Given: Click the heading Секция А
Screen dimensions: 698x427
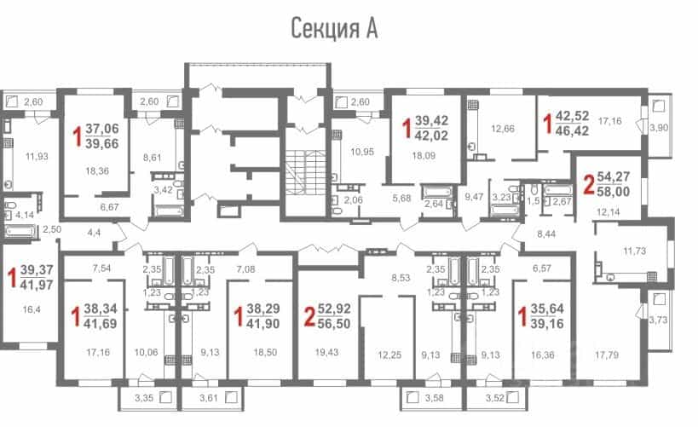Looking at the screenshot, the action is click(x=334, y=28).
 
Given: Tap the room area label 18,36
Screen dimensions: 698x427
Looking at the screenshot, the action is click(x=97, y=171).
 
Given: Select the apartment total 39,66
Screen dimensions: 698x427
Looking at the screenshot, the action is click(x=102, y=143).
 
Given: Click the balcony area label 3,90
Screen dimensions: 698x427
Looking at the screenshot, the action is click(x=659, y=128).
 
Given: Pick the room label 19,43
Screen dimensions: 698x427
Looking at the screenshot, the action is click(x=326, y=352).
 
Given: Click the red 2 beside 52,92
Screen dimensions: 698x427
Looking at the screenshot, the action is click(x=310, y=316).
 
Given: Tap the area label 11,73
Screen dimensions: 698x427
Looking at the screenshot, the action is click(x=634, y=251).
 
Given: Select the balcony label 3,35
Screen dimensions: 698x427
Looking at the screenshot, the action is click(x=144, y=398).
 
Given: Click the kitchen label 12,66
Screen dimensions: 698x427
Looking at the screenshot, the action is click(x=503, y=130).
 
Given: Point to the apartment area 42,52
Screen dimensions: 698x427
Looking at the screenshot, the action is click(x=573, y=116).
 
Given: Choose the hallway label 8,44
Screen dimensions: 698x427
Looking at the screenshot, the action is click(x=546, y=234).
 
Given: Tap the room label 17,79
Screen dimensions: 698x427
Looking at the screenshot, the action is click(x=607, y=355).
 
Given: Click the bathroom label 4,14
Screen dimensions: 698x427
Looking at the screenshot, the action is click(x=25, y=215).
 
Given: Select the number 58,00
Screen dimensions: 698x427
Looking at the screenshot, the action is click(x=614, y=192).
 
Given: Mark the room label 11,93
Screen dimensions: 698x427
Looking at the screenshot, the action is click(x=37, y=157).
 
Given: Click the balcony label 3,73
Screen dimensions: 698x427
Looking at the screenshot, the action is click(x=658, y=320).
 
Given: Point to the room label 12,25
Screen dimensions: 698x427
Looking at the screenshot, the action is click(x=389, y=355).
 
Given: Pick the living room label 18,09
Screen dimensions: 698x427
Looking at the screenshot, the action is click(x=424, y=156).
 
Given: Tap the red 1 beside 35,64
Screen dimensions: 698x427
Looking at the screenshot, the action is click(x=522, y=316).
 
